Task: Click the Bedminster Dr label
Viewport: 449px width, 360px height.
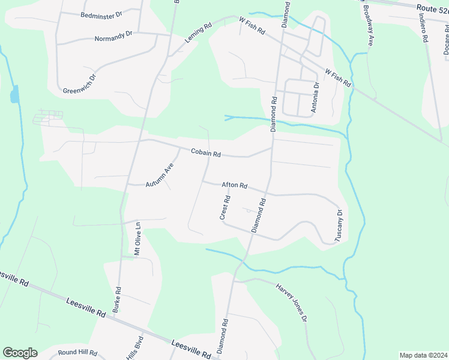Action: coord(101,14)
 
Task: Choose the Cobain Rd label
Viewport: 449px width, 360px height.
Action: coord(206,154)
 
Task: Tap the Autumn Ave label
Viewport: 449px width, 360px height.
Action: coord(159,175)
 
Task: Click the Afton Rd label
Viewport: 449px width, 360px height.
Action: coord(234,185)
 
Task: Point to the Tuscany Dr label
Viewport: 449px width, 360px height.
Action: coord(339,225)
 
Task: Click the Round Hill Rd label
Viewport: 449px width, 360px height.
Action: coord(77,353)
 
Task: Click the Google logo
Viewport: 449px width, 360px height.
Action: coord(20,353)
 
